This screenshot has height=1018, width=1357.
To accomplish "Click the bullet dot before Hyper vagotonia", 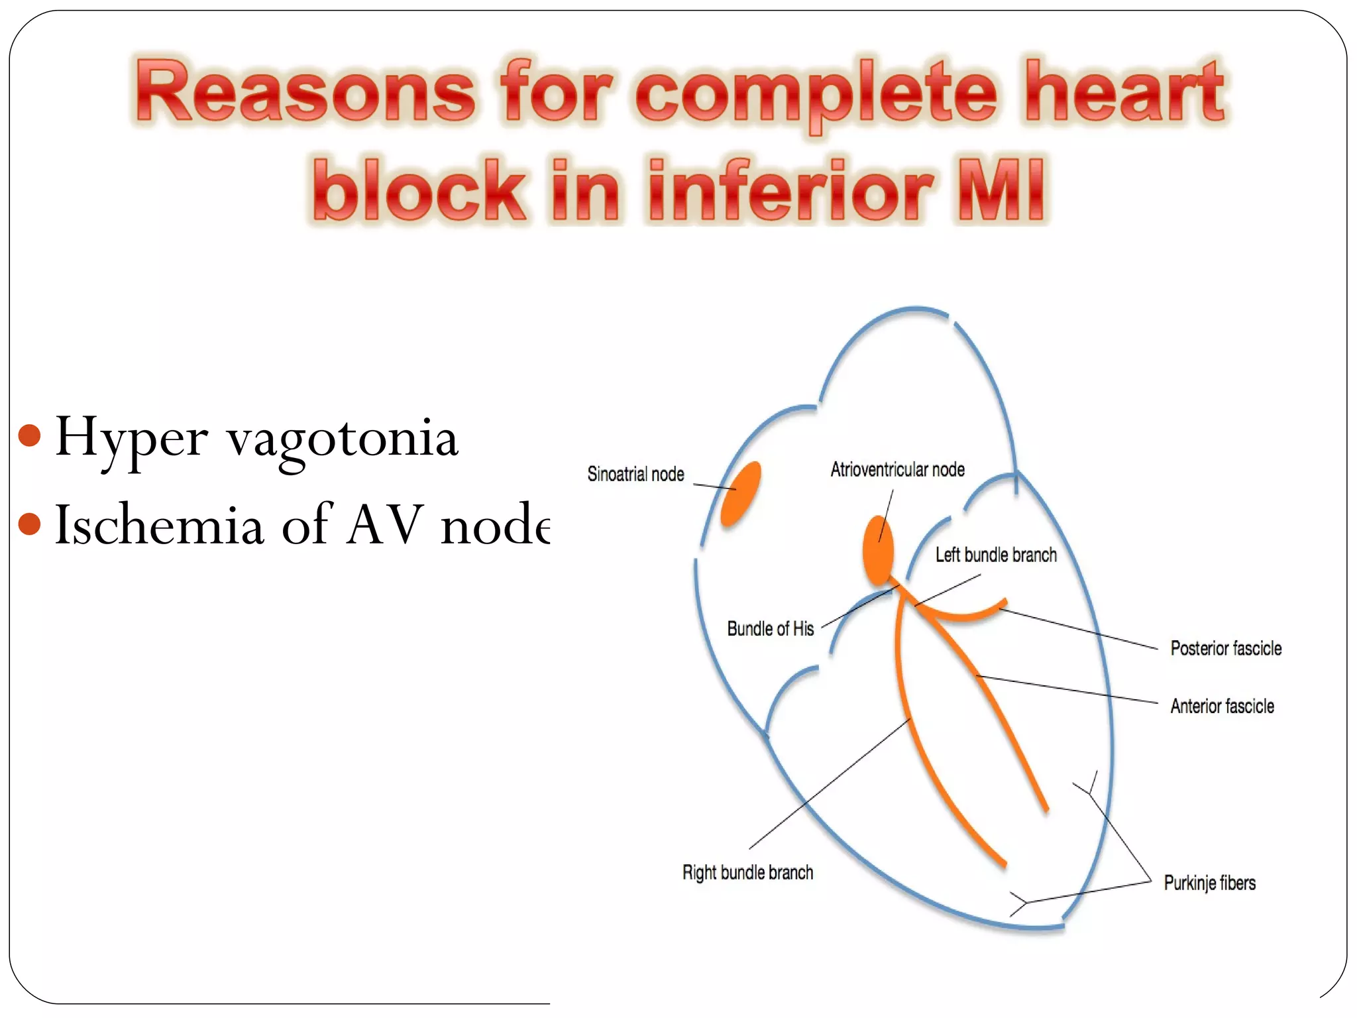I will coord(30,436).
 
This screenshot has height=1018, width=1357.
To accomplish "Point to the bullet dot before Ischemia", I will coord(30,524).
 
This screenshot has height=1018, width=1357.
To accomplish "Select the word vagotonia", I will coord(343,439).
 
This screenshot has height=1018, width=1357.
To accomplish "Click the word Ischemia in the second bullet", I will coord(159,525).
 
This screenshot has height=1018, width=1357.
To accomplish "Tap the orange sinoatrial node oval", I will coord(741,494).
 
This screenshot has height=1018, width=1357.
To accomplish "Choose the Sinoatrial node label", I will coord(635,475).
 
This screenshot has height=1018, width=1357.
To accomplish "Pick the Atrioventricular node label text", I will coord(897,470).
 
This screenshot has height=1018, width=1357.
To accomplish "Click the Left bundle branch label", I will coord(995,555).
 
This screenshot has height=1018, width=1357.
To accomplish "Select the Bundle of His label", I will coord(770,629).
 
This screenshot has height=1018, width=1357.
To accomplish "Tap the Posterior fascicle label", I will coord(1225,648).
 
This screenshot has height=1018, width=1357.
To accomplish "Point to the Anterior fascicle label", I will coord(1222,707).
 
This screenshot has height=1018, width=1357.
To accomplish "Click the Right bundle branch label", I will coord(747,873).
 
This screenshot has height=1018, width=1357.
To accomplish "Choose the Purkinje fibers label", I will coord(1209,883).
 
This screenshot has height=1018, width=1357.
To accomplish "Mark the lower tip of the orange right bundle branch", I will coord(1004,864).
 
